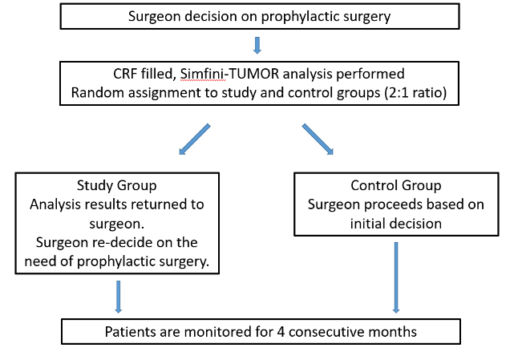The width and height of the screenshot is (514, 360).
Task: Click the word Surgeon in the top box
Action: pos(155,17)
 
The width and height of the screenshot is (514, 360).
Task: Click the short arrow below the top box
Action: pos(257,45)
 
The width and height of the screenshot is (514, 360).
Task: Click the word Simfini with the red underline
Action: pos(202,74)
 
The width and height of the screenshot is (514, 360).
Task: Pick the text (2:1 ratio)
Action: pos(414,93)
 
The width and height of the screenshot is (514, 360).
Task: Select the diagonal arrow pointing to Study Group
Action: pos(194,139)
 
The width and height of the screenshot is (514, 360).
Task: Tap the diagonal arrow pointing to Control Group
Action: pos(318,139)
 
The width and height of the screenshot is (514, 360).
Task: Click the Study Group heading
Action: pos(117,185)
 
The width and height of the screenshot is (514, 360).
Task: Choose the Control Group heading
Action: pos(396,185)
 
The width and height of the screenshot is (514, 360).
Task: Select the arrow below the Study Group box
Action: pos(119,297)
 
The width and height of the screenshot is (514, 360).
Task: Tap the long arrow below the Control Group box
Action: pos(396,277)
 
